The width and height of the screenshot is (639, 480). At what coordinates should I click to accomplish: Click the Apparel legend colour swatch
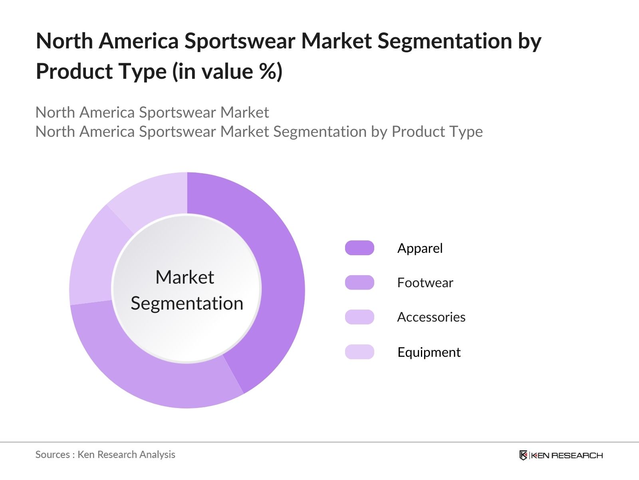359,248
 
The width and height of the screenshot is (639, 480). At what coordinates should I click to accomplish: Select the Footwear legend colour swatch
359,282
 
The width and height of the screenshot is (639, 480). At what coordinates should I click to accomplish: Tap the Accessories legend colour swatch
359,317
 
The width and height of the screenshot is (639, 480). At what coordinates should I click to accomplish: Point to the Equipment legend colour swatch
359,352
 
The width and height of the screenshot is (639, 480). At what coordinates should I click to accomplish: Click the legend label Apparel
420,248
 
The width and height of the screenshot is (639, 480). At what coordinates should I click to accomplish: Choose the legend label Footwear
425,283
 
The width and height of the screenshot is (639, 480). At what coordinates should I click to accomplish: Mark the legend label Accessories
431,317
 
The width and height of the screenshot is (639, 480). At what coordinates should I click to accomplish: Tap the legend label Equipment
429,352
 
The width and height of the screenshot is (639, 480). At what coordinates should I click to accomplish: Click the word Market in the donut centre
185,277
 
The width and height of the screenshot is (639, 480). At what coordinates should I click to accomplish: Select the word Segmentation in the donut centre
187,303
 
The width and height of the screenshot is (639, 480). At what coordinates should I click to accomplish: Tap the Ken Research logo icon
524,455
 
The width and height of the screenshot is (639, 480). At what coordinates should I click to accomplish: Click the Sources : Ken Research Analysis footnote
105,454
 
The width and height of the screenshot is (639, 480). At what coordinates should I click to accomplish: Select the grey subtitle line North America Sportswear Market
152,112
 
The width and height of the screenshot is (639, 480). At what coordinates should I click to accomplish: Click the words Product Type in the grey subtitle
437,132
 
